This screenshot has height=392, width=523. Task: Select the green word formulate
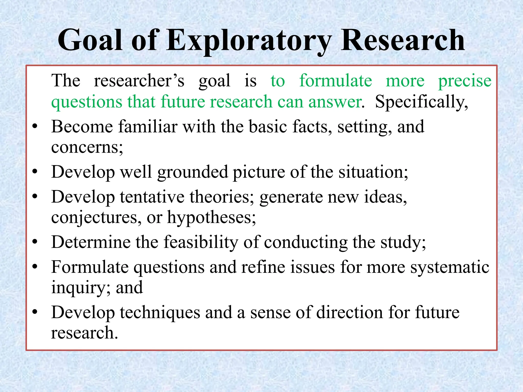click(x=335, y=81)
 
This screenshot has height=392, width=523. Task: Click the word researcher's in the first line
click(x=139, y=81)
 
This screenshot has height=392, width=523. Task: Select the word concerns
click(x=87, y=148)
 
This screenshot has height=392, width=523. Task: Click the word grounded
click(x=192, y=172)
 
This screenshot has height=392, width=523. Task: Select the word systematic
click(x=450, y=267)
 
